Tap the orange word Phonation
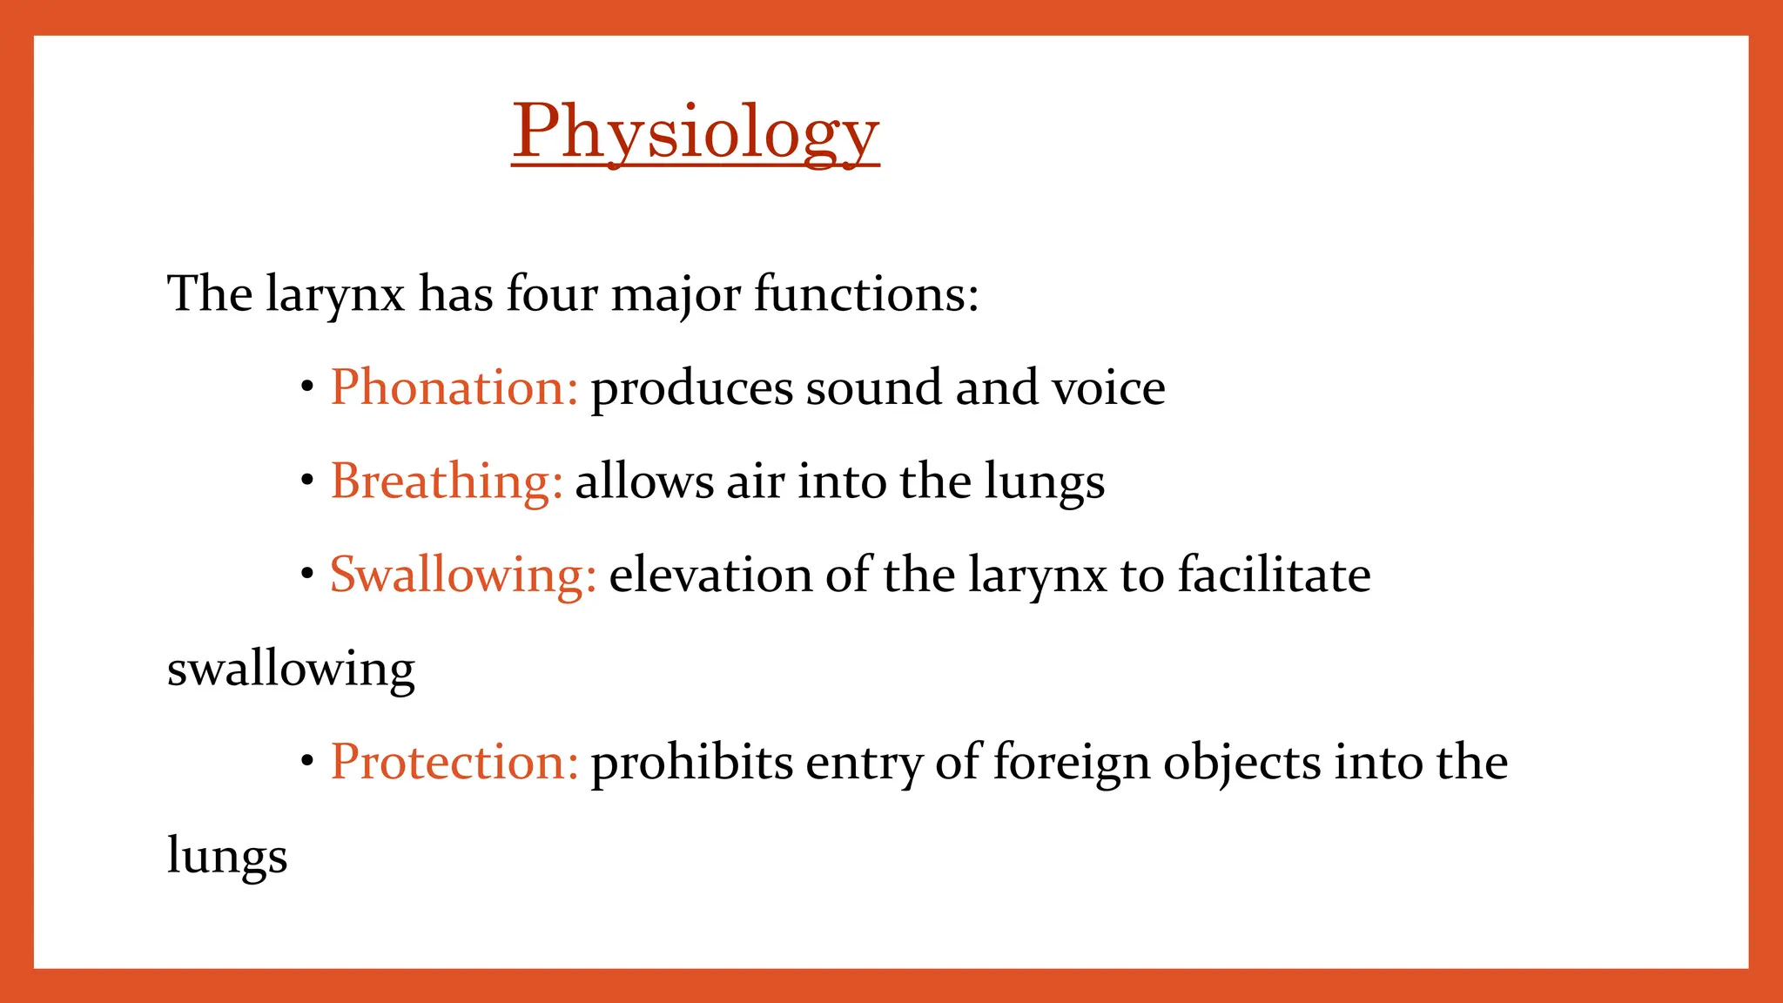pos(454,387)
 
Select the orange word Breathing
pos(446,481)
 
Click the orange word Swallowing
pos(462,576)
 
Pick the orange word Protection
pos(454,763)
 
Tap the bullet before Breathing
pos(306,481)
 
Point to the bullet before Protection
pos(306,762)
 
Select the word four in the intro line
pos(551,293)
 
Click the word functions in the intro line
pos(865,293)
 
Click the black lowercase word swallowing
pos(291,670)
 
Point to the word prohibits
pos(691,763)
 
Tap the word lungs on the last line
pos(226,857)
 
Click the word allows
pos(644,481)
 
